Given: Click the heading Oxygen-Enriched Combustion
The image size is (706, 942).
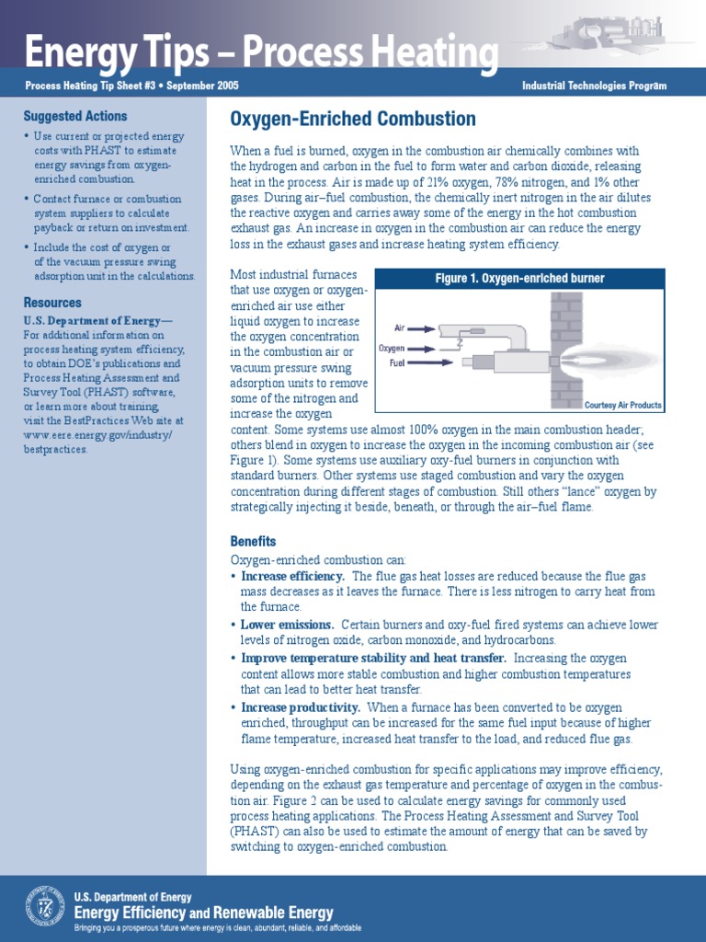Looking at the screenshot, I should click(353, 120).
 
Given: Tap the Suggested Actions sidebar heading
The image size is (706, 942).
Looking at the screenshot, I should click(75, 117).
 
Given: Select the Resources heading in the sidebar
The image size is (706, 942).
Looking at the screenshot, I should click(52, 303).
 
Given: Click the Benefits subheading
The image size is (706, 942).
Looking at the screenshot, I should click(253, 542).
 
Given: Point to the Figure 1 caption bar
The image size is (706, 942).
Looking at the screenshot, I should click(520, 278).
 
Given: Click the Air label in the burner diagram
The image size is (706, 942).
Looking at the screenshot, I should click(400, 327).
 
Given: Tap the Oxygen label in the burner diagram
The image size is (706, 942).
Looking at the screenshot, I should click(392, 349).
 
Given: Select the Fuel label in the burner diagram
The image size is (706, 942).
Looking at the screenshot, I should click(398, 363).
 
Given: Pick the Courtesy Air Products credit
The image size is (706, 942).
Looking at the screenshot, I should click(623, 406).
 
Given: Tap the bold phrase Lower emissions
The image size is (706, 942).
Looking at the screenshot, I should click(287, 625).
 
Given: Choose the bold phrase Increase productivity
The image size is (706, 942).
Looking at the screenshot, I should click(300, 707).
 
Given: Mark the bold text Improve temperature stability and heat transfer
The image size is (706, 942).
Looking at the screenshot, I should click(373, 659).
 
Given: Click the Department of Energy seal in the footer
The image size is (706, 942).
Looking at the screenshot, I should click(45, 905).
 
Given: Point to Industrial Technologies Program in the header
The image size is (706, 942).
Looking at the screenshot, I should click(594, 86).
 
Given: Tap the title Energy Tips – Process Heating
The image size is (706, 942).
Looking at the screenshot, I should click(261, 53).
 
